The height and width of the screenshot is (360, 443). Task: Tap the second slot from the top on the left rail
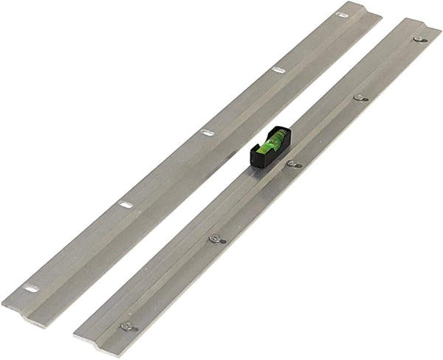tap(278, 70)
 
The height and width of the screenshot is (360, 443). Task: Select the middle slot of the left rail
tap(207, 133)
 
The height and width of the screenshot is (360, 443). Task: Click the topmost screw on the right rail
tap(418, 39)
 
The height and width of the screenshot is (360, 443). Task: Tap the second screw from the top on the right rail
tap(360, 97)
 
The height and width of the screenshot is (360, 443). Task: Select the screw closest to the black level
tap(293, 164)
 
